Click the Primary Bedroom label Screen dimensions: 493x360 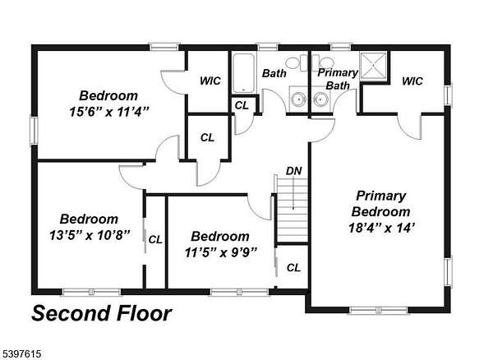pyautogui.click(x=380, y=204)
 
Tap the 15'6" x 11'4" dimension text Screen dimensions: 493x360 pyautogui.click(x=108, y=112)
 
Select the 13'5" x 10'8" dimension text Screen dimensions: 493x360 pyautogui.click(x=90, y=235)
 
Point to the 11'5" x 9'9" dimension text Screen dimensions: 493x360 pyautogui.click(x=221, y=252)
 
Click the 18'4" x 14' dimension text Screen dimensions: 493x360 pyautogui.click(x=381, y=228)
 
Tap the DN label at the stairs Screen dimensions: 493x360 pyautogui.click(x=293, y=171)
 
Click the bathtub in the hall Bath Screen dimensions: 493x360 pyautogui.click(x=243, y=73)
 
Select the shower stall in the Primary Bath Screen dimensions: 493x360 pyautogui.click(x=373, y=66)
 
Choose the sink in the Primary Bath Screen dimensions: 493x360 pyautogui.click(x=320, y=99)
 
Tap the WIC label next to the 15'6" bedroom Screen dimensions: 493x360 pyautogui.click(x=210, y=81)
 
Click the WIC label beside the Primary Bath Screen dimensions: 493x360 pyautogui.click(x=412, y=81)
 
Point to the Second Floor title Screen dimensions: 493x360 pyautogui.click(x=102, y=313)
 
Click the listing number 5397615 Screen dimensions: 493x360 pyautogui.click(x=21, y=354)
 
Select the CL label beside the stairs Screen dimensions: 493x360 pyautogui.click(x=293, y=268)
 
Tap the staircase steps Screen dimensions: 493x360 pyautogui.click(x=293, y=210)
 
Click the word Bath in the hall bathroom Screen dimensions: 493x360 pyautogui.click(x=274, y=73)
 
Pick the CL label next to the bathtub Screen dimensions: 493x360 pyautogui.click(x=242, y=106)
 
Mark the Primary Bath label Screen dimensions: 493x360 pyautogui.click(x=338, y=79)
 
